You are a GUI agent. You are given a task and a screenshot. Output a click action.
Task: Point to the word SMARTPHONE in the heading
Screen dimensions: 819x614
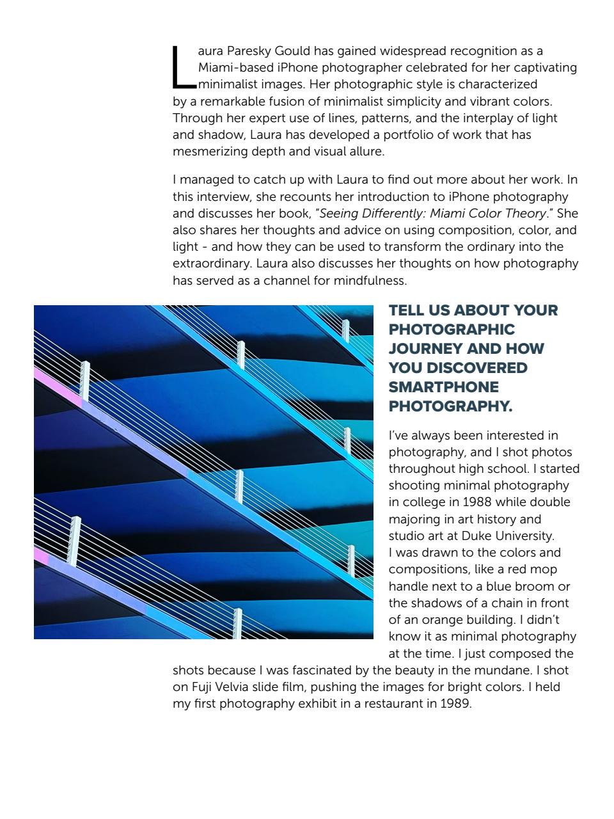[x=444, y=387]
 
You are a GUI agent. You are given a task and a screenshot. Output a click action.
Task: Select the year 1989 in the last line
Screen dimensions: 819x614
[x=455, y=704]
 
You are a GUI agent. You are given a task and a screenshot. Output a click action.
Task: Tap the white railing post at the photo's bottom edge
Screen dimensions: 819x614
[x=238, y=624]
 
